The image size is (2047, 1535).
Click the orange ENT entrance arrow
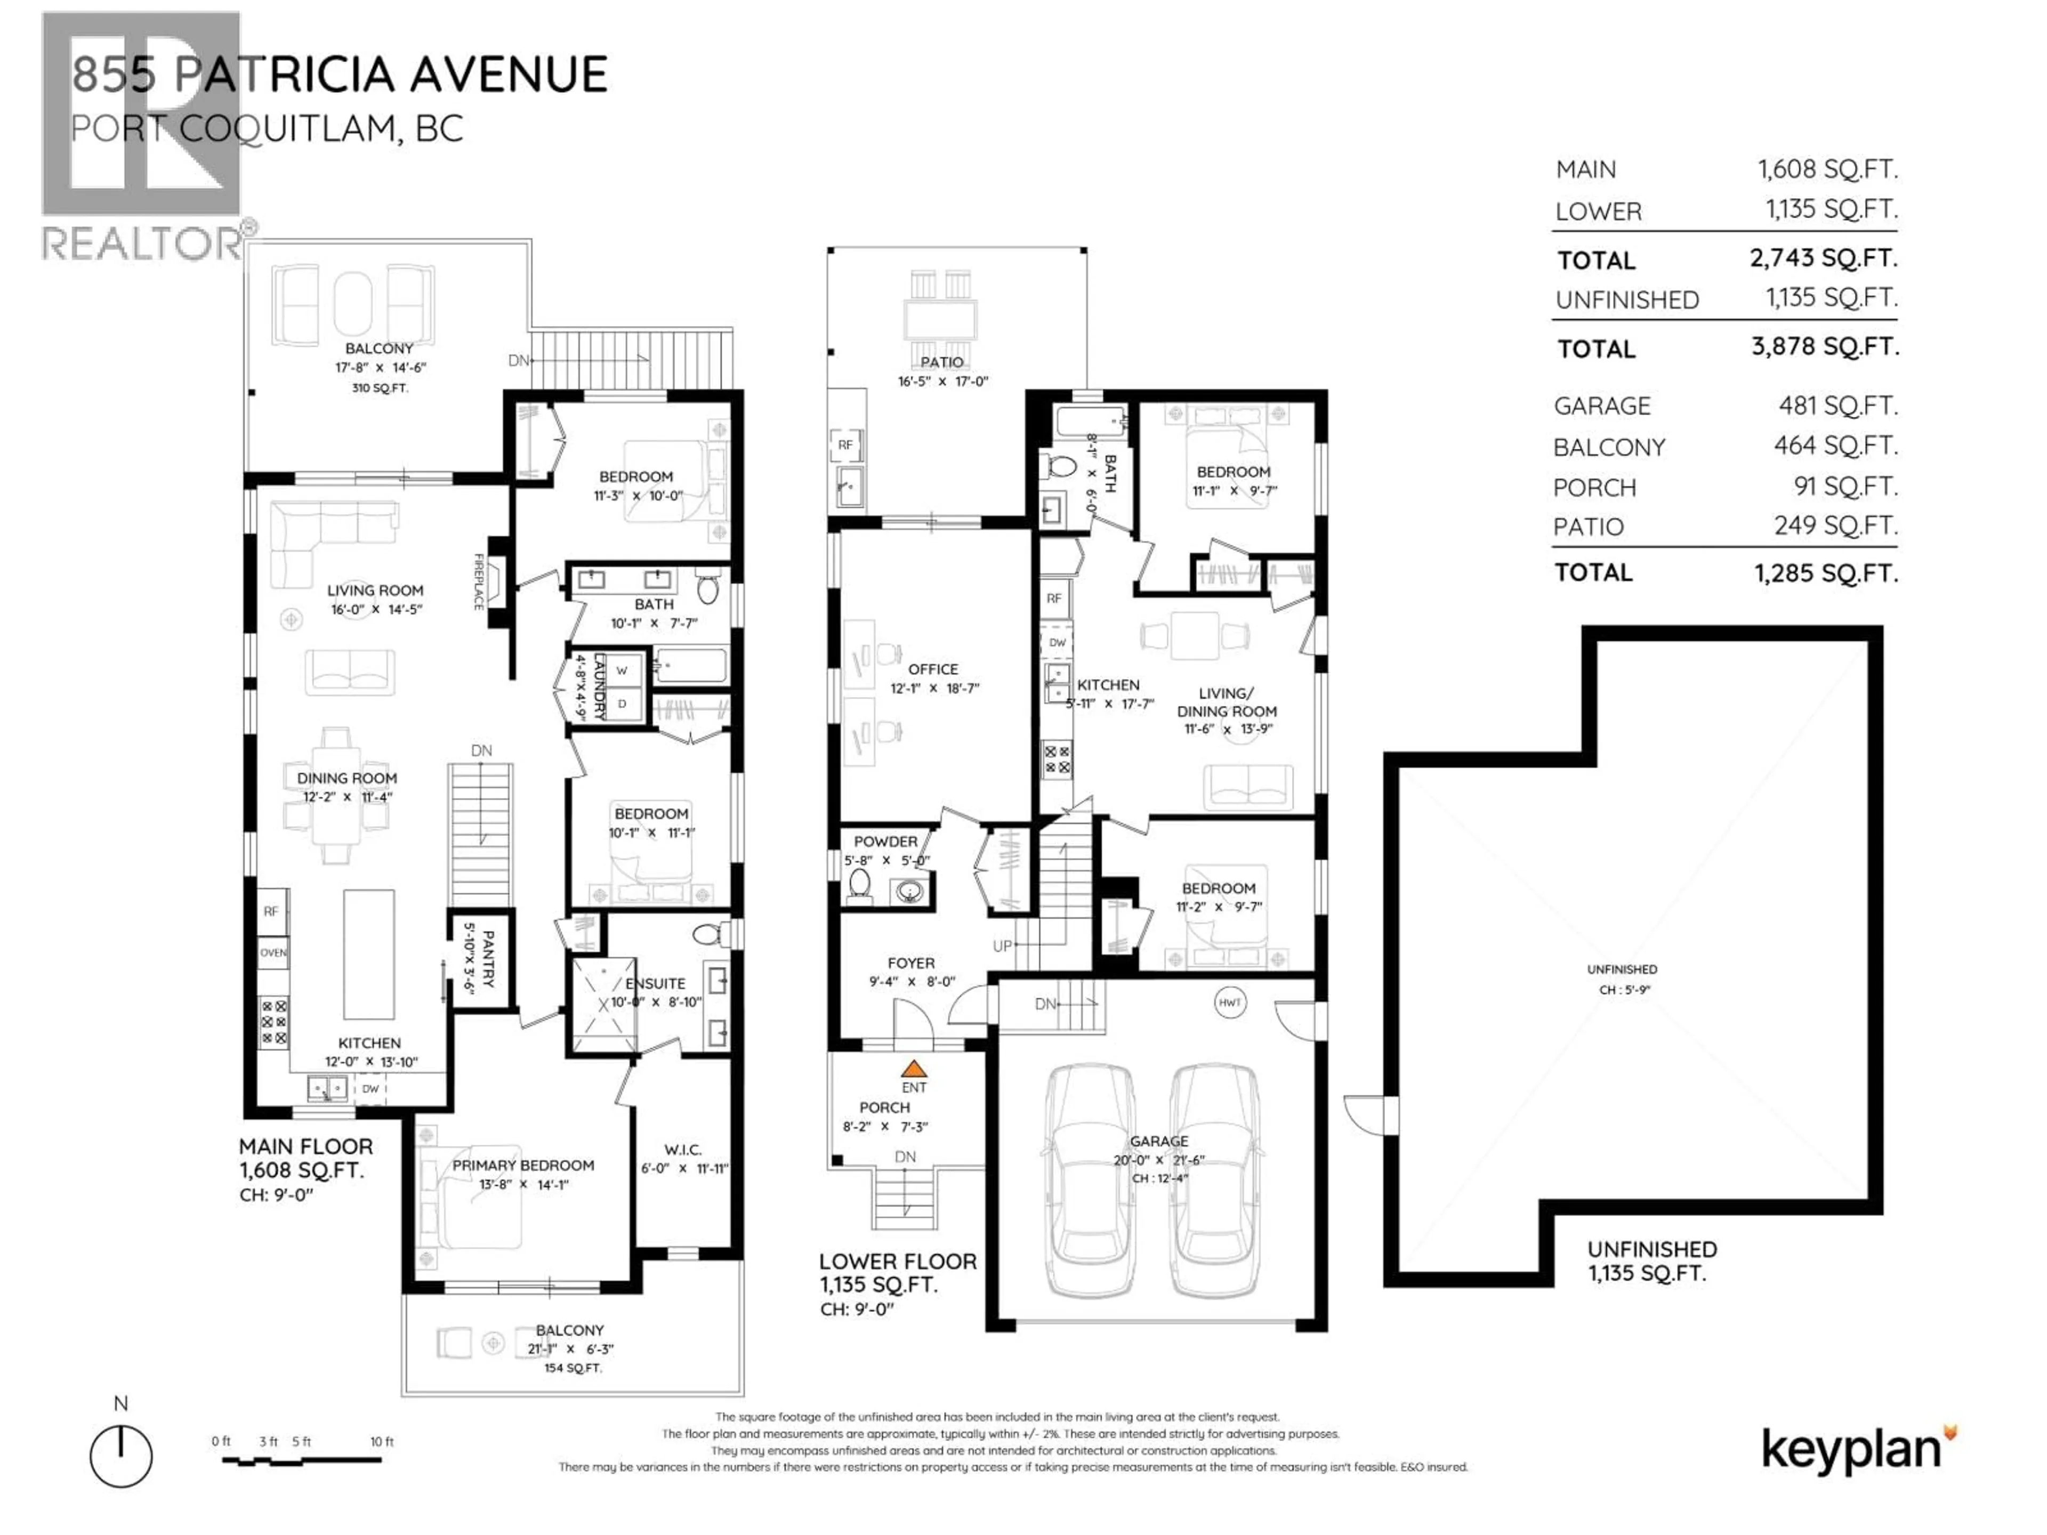pyautogui.click(x=913, y=1069)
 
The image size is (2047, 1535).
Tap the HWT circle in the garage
pyautogui.click(x=1229, y=1002)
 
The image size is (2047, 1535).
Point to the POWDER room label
pyautogui.click(x=885, y=841)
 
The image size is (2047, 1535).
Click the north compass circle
pyautogui.click(x=121, y=1456)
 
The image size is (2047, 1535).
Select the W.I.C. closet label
pyautogui.click(x=683, y=1149)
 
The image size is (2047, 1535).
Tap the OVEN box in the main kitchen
pyautogui.click(x=273, y=952)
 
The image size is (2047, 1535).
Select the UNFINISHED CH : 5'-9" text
pyautogui.click(x=1621, y=979)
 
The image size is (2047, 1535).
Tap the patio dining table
pyautogui.click(x=940, y=321)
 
